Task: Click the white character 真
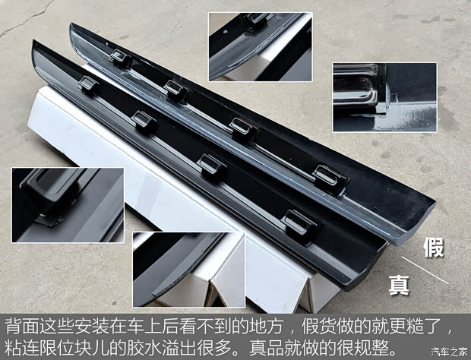click(x=399, y=285)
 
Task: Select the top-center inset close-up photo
click(x=260, y=46)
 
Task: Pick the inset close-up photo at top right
click(x=384, y=97)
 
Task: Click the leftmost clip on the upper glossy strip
click(x=120, y=56)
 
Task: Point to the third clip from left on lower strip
click(x=212, y=163)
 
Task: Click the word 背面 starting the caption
click(x=21, y=329)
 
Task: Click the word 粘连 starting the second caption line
click(x=21, y=349)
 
